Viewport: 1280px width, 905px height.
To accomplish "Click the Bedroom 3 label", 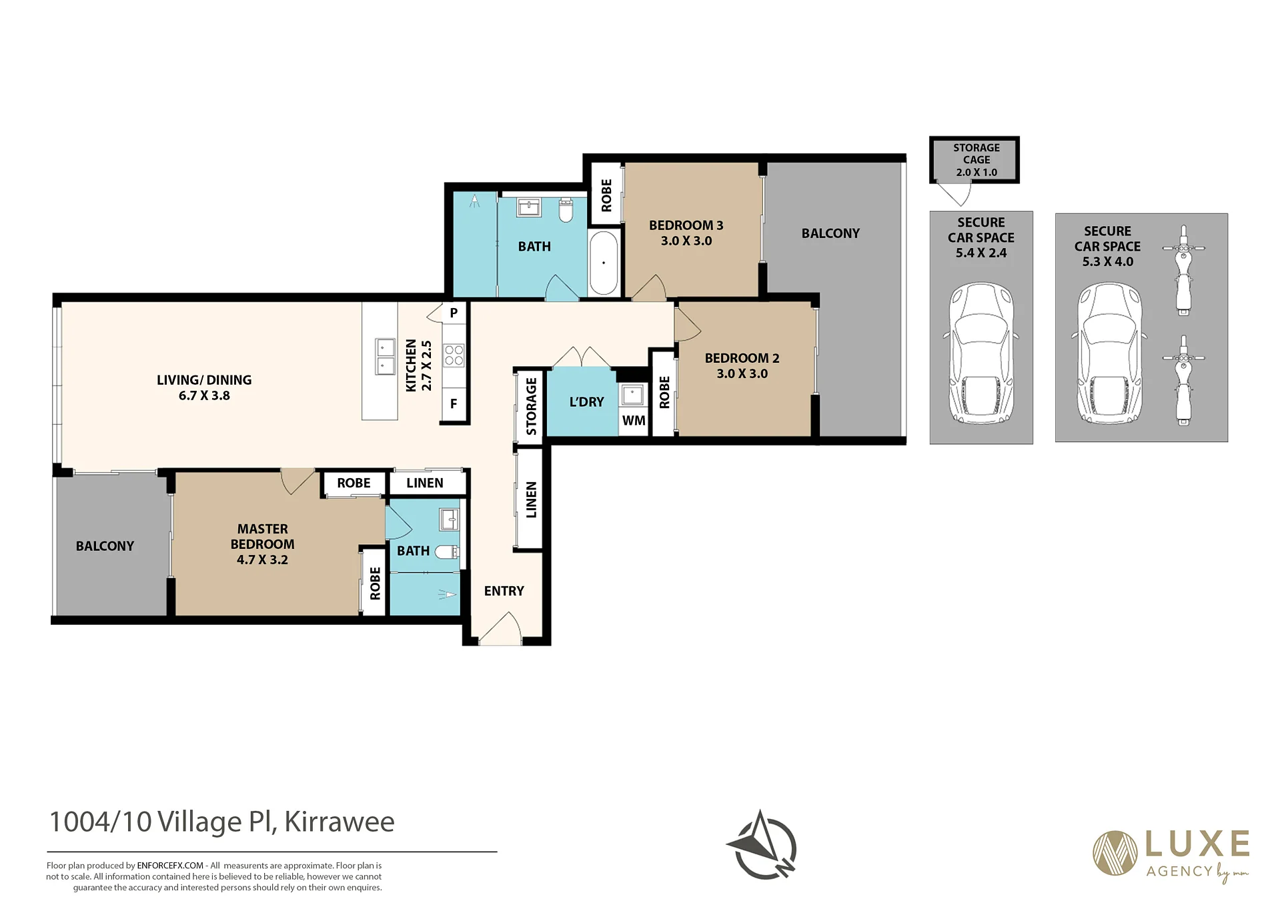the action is tap(686, 225).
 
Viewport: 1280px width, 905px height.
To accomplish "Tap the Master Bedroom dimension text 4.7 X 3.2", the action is tap(262, 560).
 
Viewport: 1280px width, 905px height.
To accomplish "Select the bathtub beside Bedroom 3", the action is tap(604, 263).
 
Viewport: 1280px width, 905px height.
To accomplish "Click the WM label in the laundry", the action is tap(634, 420).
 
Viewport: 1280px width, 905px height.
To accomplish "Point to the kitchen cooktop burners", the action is tap(454, 355).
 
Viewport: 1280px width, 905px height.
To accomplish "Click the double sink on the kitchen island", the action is tap(385, 356).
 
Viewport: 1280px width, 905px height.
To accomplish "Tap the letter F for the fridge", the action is tap(454, 403).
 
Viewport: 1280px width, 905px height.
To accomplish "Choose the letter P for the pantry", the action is tap(454, 313).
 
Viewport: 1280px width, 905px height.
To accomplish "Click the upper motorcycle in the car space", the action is tap(1183, 270).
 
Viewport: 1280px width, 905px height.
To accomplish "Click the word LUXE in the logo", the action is tap(1197, 844).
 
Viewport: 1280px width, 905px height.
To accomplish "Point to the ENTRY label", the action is tap(504, 591).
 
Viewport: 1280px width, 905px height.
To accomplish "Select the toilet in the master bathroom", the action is tap(447, 552).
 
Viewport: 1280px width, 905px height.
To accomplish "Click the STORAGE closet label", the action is tap(531, 406).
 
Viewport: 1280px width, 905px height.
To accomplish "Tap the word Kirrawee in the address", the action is tap(340, 822).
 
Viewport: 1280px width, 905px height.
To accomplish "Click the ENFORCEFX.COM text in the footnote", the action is tap(170, 866).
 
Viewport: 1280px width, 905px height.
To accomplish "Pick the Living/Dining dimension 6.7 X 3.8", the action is tap(204, 395).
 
